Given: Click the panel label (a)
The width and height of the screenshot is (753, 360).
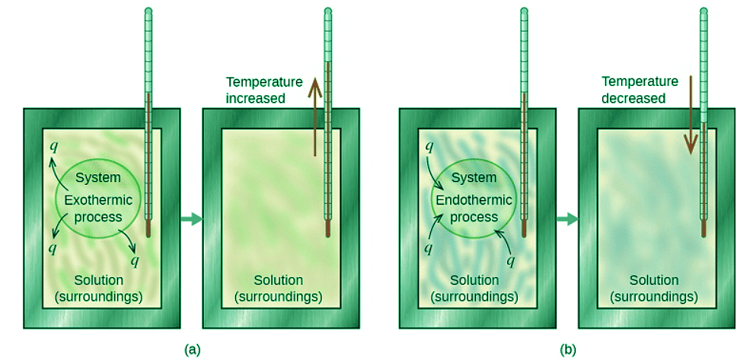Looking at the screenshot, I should pos(193,349).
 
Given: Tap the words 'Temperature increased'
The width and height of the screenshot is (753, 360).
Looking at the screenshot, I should pos(264,90).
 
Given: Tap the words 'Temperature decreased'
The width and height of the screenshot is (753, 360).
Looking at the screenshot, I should pos(640,90).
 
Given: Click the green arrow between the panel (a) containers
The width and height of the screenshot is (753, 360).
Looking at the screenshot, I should pos(192,219).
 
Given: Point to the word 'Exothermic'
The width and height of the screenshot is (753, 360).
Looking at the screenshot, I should pos(98,200).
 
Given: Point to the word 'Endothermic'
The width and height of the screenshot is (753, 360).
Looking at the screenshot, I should pos(473,200).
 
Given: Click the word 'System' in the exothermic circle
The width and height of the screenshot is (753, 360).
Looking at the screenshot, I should pos(98,179).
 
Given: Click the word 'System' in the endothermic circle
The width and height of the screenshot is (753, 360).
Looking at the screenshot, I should pos(474,179).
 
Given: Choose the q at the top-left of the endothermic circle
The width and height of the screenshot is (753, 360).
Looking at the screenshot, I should pos(429,145).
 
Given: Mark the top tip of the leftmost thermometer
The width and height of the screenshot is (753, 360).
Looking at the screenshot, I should pos(148,11).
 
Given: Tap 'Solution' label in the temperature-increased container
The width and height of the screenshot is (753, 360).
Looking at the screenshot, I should pos(278,281).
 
